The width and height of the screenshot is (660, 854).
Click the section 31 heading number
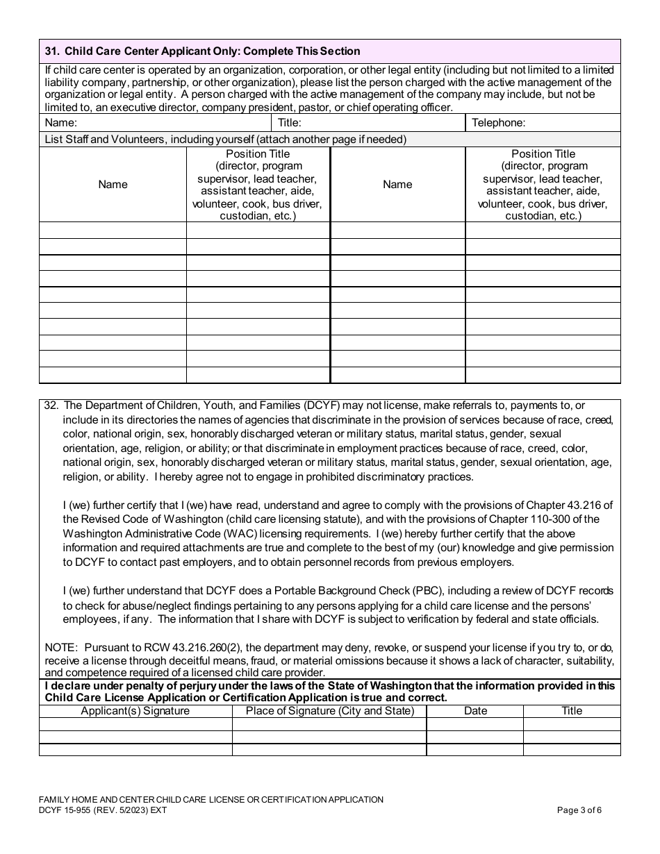(x=51, y=51)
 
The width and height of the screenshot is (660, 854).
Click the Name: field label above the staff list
(x=60, y=123)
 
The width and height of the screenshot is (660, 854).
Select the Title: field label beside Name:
(x=289, y=123)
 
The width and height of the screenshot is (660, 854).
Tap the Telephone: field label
(x=498, y=123)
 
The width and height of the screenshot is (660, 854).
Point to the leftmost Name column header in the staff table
(x=113, y=185)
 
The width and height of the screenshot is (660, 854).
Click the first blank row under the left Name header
(x=113, y=231)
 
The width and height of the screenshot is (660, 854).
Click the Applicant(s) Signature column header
(x=135, y=711)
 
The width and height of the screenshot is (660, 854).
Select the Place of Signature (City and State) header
(x=329, y=711)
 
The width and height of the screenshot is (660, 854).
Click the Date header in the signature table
(x=475, y=711)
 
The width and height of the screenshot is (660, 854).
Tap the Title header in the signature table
(x=571, y=711)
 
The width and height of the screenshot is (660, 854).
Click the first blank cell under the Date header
(x=475, y=724)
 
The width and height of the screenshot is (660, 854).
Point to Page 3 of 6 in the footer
(x=579, y=810)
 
